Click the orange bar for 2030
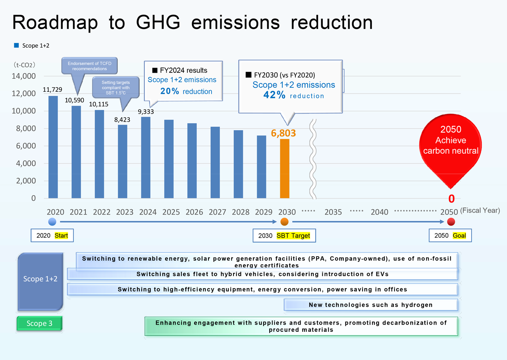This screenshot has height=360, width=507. point(285,168)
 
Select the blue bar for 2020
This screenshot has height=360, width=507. point(53,147)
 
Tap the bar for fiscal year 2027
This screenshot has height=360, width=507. point(215,163)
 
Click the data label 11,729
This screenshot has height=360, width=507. point(52,89)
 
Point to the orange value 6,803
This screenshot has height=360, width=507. point(283,133)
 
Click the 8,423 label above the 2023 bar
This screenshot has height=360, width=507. point(122,120)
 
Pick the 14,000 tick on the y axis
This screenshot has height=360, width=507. point(24,76)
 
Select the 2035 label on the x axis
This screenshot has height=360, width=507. point(333,212)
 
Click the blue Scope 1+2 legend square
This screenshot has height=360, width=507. point(16,45)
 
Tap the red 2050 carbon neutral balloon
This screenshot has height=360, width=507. point(450,147)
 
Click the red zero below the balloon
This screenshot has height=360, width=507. point(451,199)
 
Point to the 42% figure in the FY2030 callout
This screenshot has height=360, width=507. point(274,95)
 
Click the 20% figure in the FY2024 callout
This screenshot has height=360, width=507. point(170,91)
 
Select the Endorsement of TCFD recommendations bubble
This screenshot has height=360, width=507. point(89,66)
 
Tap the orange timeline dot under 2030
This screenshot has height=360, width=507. point(285,222)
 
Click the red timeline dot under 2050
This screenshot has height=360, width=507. point(451,222)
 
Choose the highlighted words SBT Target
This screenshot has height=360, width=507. point(293,236)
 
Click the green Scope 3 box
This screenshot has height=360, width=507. point(39,323)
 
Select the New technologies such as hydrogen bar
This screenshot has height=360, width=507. point(371,305)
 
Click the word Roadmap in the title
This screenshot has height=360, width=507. point(55,23)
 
